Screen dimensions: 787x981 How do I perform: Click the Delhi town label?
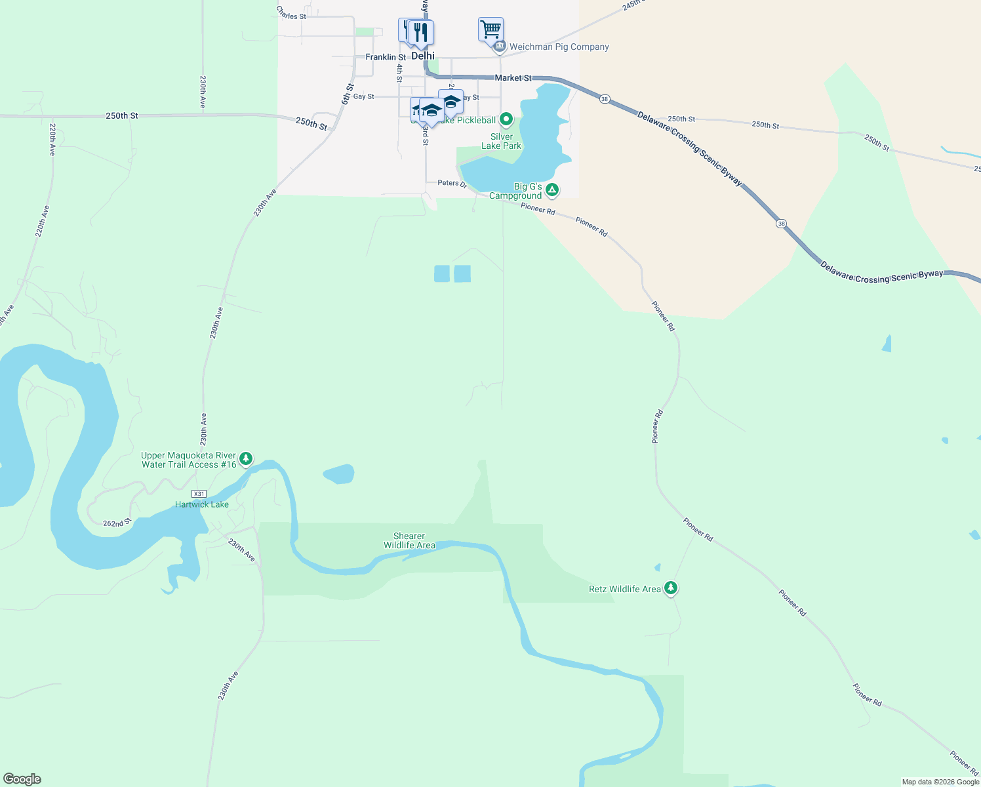point(423,56)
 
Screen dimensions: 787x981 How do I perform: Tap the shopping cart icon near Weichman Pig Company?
point(490,30)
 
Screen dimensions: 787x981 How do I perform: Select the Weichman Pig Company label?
point(559,47)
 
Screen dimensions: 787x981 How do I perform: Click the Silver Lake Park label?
point(502,142)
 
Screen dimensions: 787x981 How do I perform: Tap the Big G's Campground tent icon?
point(552,190)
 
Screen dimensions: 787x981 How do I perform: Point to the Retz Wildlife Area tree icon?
point(670,588)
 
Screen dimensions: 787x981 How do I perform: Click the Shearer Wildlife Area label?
point(409,540)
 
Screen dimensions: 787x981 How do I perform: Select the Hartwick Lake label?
point(202,504)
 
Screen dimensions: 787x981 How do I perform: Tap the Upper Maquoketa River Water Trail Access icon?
point(246,458)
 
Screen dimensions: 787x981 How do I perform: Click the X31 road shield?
point(199,494)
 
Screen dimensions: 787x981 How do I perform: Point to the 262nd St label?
point(117,523)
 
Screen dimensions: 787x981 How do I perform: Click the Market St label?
point(513,78)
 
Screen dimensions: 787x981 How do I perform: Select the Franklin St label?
point(386,57)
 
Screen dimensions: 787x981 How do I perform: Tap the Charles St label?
point(291,13)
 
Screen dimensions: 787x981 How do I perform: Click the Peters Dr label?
point(452,183)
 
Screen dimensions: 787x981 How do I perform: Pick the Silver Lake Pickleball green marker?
point(506,119)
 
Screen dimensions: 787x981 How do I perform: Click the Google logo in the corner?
point(22,779)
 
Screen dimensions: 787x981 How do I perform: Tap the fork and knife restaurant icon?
point(420,32)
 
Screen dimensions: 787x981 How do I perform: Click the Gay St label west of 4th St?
point(363,96)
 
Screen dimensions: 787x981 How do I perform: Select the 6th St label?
point(348,94)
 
